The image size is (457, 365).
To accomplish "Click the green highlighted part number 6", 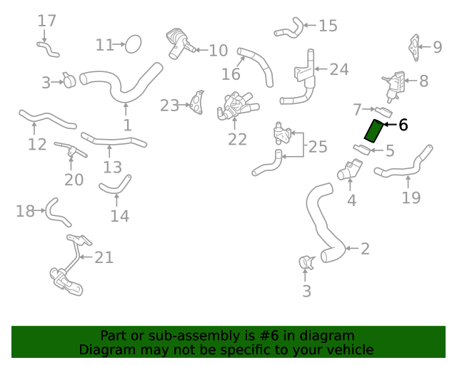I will (373, 131).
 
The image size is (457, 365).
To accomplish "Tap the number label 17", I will (46, 21).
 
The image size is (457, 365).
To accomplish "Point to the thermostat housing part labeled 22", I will (233, 109).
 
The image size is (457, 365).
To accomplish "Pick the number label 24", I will (339, 70).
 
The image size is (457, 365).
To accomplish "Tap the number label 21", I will (104, 257).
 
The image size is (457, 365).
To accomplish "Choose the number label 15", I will (328, 26).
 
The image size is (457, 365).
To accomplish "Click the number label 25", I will (318, 147).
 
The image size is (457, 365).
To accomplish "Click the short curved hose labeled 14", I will (114, 185).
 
